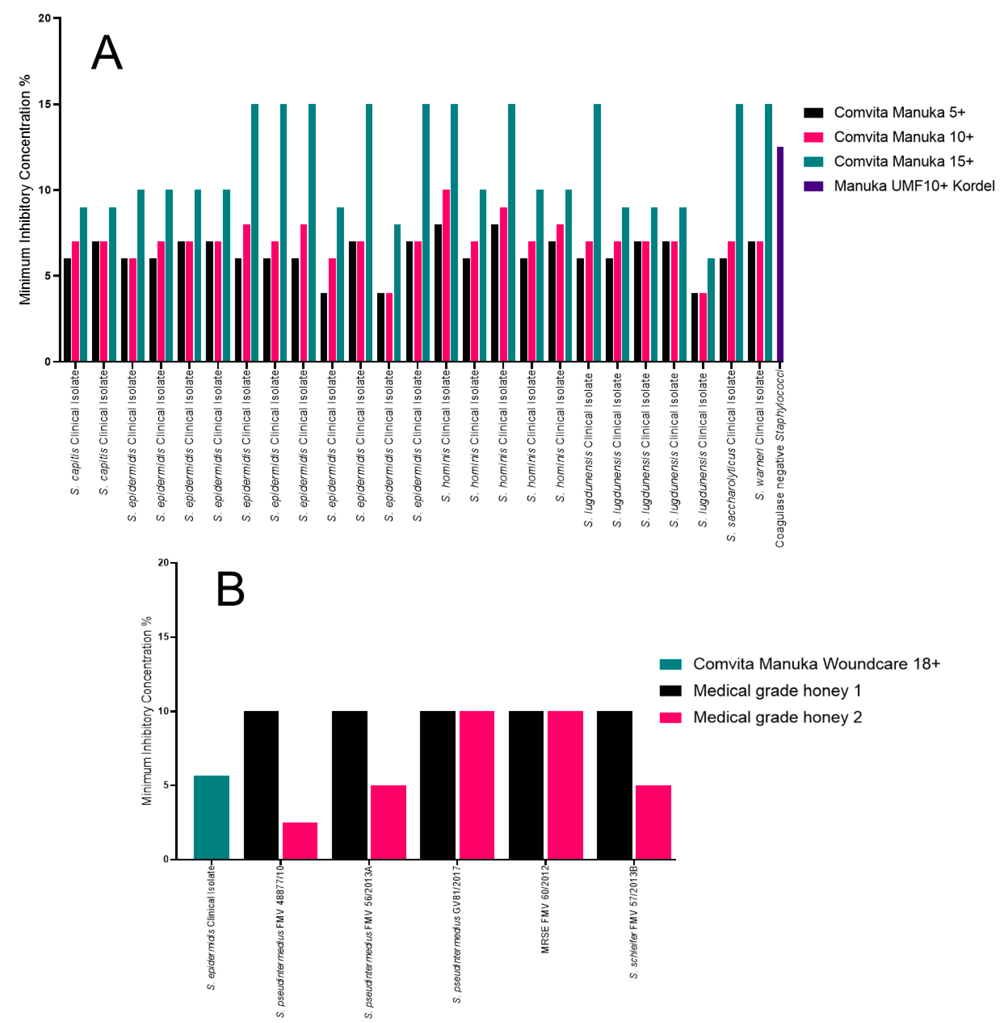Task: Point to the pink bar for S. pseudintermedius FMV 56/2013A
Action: tap(388, 822)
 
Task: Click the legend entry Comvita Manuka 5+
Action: tap(899, 112)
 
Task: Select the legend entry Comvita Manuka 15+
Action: tap(903, 161)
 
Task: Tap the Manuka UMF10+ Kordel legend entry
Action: tap(914, 186)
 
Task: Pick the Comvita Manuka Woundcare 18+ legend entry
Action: tap(816, 664)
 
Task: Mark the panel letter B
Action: tap(230, 590)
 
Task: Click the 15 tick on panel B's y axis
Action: tap(163, 637)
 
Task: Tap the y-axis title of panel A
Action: tap(25, 190)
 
